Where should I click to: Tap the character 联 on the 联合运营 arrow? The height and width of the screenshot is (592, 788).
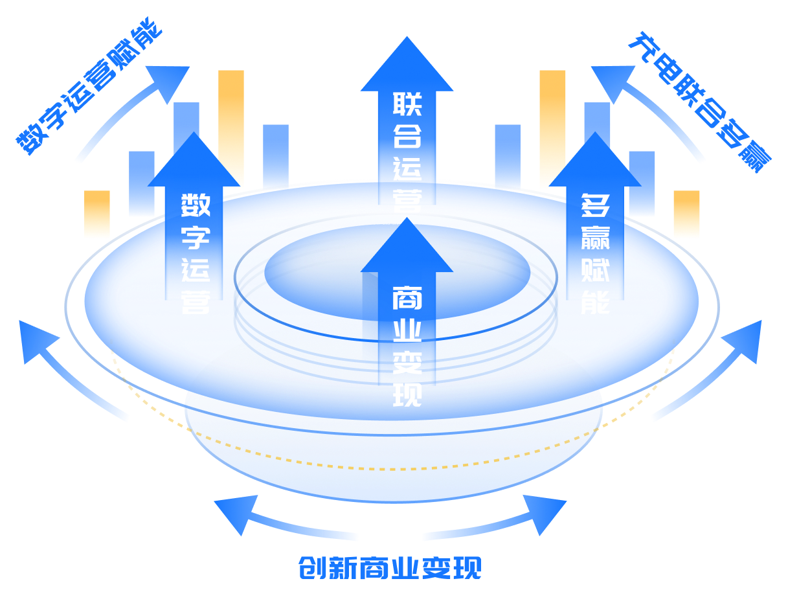point(407,106)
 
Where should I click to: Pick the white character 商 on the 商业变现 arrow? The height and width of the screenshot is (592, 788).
point(407,300)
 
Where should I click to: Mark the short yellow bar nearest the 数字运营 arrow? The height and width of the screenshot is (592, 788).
point(97,214)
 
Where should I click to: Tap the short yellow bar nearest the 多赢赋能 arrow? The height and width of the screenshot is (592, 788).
point(686,214)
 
